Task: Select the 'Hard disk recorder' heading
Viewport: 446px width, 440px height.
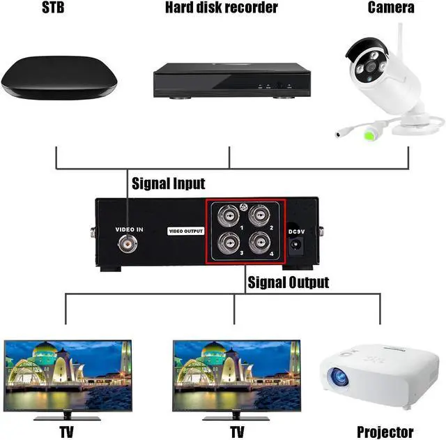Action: pyautogui.click(x=221, y=8)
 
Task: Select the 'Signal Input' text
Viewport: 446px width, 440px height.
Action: pyautogui.click(x=169, y=184)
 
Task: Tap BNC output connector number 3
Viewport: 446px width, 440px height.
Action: pyautogui.click(x=227, y=243)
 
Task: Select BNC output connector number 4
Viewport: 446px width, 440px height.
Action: pyautogui.click(x=260, y=243)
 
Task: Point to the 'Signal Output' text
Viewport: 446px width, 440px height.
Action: pyautogui.click(x=288, y=282)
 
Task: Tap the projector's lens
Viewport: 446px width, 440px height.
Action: pyautogui.click(x=341, y=377)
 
